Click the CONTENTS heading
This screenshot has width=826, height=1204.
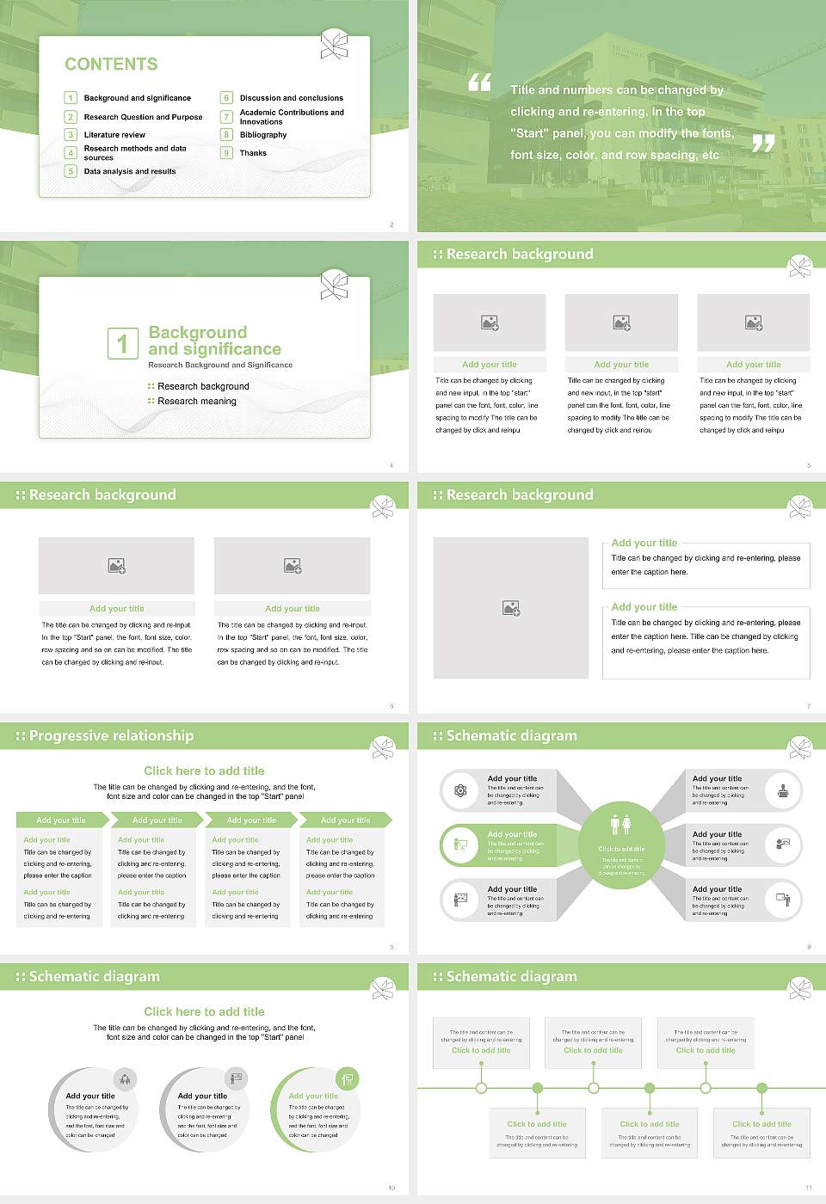point(111,64)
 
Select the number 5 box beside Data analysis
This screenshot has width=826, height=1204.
point(71,171)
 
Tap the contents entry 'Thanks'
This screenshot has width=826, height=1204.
point(253,153)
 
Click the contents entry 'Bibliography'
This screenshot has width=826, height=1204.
point(263,135)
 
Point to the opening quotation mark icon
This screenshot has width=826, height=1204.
point(479,83)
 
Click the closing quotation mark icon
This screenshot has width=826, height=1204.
point(763,144)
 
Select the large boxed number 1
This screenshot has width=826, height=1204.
point(122,343)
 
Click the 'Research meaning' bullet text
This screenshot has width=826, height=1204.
point(196,402)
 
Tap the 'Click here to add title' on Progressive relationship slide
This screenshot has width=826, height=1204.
point(204,771)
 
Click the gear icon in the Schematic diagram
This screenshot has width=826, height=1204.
point(460,790)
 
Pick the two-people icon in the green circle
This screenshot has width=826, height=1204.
point(621,825)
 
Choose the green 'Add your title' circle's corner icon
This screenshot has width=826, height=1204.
point(348,1078)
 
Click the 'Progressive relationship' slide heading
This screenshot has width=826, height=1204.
point(111,736)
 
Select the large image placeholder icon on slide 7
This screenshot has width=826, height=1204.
point(511,608)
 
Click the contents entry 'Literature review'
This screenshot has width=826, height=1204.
point(114,135)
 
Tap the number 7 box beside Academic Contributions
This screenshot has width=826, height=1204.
point(227,117)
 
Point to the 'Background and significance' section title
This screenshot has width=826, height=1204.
point(214,341)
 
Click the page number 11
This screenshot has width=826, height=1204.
point(808,1188)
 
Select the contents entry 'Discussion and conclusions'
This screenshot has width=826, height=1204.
point(291,98)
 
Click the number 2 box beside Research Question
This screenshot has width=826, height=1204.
point(71,117)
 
